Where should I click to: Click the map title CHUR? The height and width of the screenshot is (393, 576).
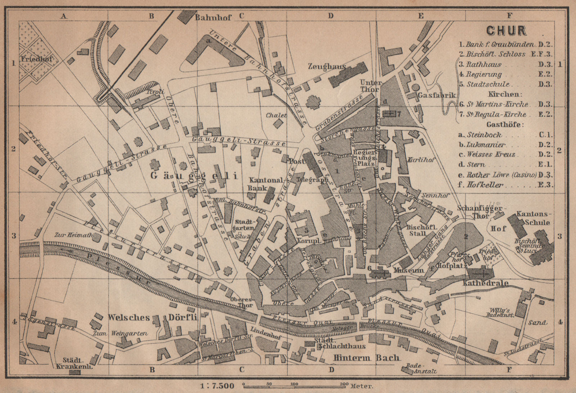(506, 31)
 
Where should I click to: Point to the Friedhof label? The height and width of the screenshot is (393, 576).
(36, 59)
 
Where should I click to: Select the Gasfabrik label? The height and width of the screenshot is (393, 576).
(437, 96)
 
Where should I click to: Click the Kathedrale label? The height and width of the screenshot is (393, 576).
(485, 283)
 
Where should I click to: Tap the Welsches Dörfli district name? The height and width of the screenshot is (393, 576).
(153, 317)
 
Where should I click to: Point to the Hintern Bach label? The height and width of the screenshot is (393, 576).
(366, 358)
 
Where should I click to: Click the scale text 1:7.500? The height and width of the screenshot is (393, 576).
(217, 386)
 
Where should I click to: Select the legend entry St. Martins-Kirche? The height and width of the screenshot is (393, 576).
(498, 105)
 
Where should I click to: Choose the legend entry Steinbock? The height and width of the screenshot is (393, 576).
(484, 135)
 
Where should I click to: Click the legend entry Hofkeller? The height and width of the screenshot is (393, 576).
(485, 185)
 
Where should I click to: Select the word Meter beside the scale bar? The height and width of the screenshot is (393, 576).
(361, 386)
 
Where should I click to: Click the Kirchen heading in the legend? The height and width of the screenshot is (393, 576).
(504, 94)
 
